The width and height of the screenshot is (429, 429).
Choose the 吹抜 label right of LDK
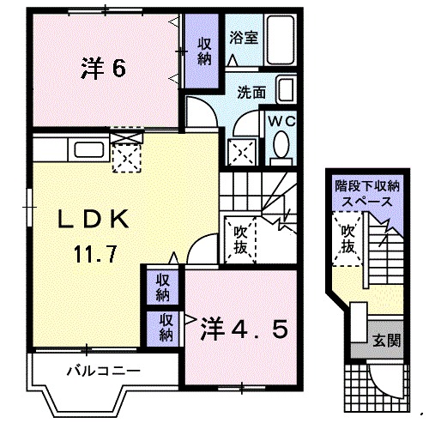[241, 239]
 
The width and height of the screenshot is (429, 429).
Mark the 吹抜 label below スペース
[348, 239]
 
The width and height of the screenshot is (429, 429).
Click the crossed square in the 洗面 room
[240, 151]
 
